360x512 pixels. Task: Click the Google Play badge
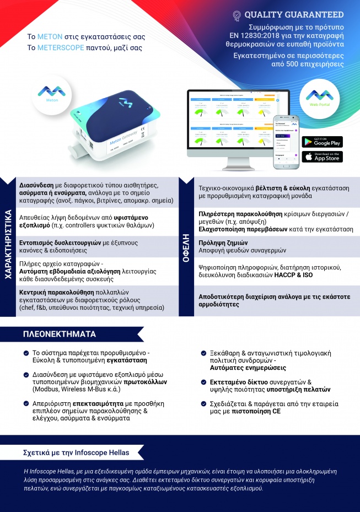(322, 142)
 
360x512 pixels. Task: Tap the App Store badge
(322, 157)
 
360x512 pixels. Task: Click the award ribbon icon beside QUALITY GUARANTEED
(237, 15)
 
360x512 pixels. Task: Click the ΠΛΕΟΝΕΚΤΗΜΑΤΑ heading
(59, 334)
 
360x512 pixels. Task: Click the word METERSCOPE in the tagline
(61, 48)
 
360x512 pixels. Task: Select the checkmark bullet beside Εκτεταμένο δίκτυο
(203, 382)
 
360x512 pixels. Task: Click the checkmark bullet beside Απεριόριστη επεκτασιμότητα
(26, 403)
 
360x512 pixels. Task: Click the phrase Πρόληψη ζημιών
(223, 242)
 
